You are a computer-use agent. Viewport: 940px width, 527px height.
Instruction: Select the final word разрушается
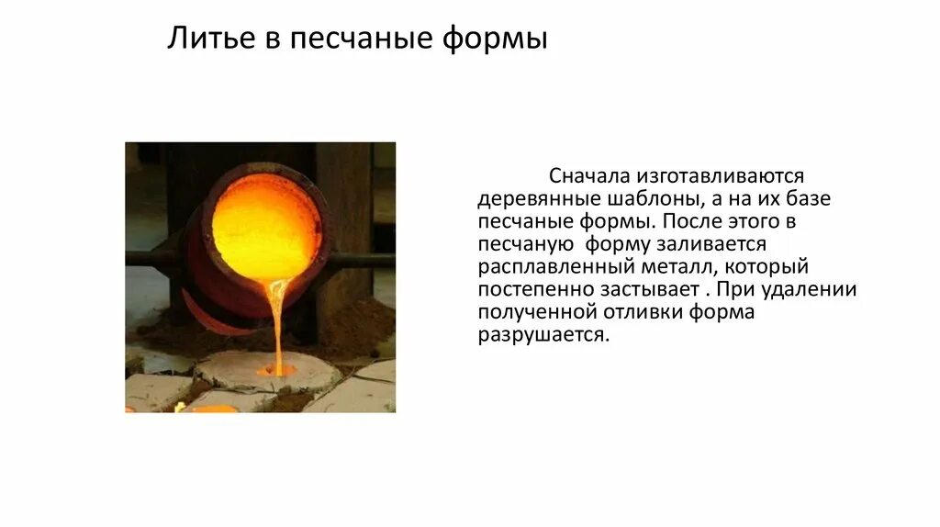coord(543,335)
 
